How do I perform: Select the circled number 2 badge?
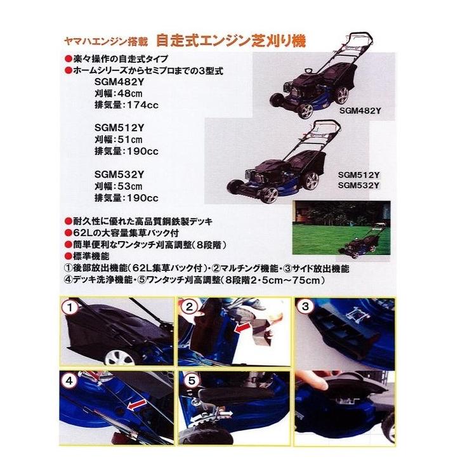189,308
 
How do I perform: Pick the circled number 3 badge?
307,308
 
